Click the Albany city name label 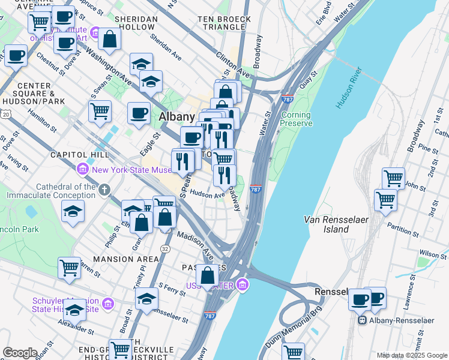[x=176, y=116]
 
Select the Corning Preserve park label [x=297, y=119]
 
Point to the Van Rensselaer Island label [x=327, y=224]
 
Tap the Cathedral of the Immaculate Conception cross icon [x=104, y=190]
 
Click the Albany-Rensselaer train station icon [x=363, y=320]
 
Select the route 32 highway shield [x=164, y=248]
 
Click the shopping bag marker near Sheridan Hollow [x=109, y=40]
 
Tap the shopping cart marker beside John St [x=393, y=178]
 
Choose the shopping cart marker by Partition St [x=385, y=200]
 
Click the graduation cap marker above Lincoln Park [x=73, y=211]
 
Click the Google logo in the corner [x=19, y=353]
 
